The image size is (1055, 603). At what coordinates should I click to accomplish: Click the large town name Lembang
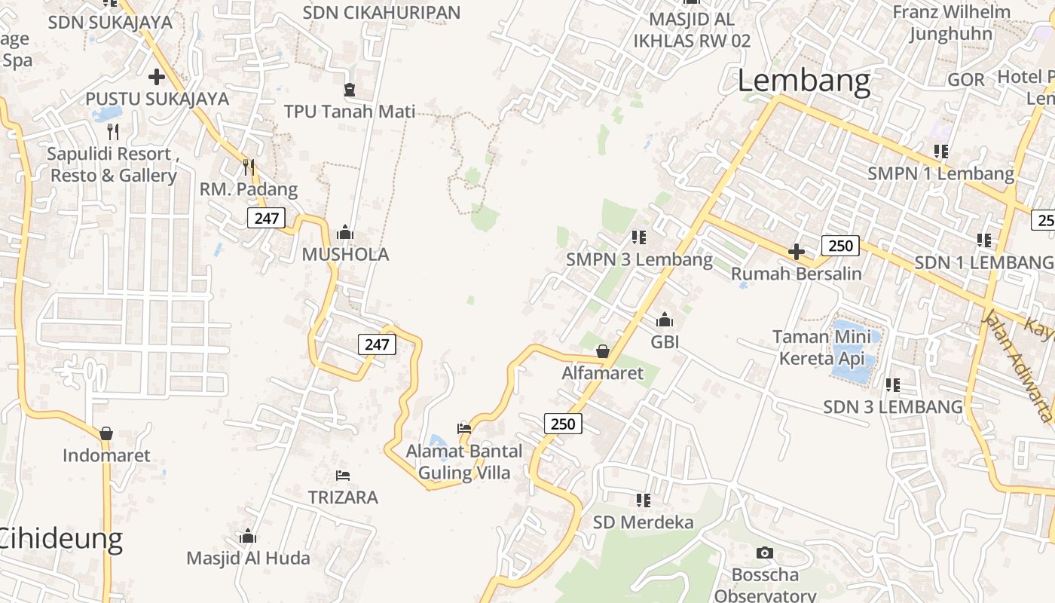coord(803,81)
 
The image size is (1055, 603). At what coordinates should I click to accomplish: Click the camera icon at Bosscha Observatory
coord(765,553)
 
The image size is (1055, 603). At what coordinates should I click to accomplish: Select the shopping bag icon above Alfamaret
coord(603,351)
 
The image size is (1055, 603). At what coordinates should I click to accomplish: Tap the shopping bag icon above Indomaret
coord(106,433)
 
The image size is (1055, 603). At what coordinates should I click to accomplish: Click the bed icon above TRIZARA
coord(343,476)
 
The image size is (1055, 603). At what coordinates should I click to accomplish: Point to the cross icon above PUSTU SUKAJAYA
coord(157,76)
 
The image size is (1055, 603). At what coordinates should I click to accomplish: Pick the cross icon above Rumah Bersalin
coord(797,252)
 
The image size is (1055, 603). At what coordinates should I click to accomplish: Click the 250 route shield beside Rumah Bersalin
coord(840,245)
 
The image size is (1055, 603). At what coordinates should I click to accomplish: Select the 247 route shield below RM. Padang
coord(266,219)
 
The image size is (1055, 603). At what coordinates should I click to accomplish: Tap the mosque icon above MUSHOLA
coord(345,232)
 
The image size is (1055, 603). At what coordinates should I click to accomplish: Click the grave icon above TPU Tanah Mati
coord(350,90)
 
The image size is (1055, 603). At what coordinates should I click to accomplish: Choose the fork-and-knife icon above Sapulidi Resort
coord(113,132)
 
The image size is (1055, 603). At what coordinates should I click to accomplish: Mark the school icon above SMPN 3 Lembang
coord(639,238)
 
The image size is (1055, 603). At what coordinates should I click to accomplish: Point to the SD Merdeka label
coord(643,522)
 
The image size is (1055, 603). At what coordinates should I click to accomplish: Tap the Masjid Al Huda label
coord(248,558)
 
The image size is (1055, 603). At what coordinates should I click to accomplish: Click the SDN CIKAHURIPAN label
coord(381,12)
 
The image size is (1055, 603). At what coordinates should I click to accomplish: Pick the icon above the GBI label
coord(665,320)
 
